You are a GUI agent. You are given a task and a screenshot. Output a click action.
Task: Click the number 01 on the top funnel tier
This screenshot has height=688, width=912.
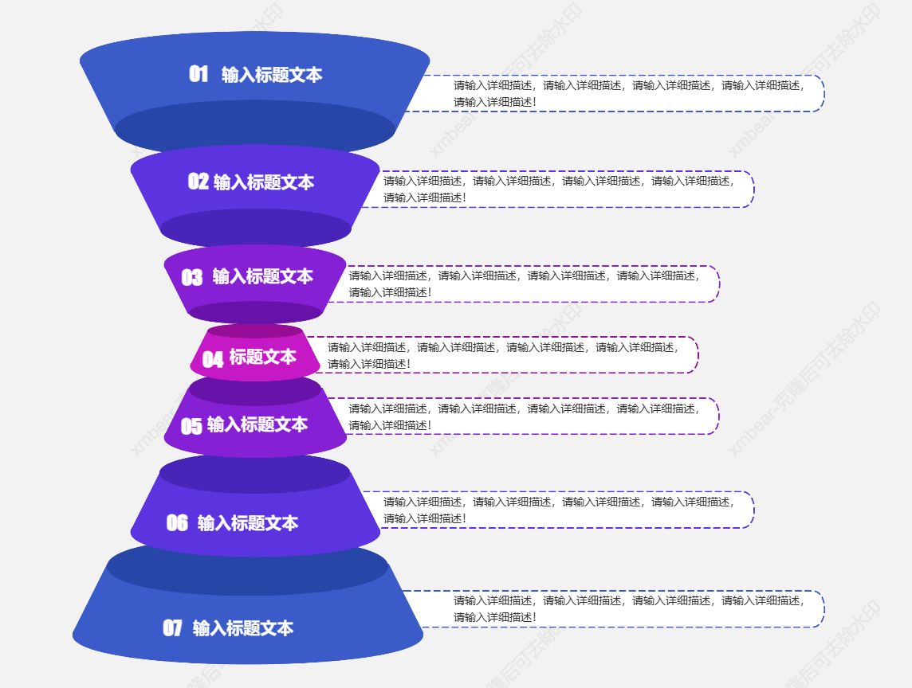pyautogui.click(x=199, y=74)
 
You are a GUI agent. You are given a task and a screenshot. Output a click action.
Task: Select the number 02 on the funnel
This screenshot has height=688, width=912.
pyautogui.click(x=198, y=182)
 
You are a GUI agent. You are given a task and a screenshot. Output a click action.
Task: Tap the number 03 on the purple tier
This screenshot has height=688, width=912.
pyautogui.click(x=192, y=277)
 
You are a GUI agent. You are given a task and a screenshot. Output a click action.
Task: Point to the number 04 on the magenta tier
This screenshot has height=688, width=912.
pyautogui.click(x=213, y=359)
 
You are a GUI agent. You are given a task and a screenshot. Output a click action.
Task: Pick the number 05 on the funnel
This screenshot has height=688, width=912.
pyautogui.click(x=191, y=426)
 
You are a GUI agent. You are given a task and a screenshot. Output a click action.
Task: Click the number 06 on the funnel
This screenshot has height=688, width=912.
pyautogui.click(x=177, y=522)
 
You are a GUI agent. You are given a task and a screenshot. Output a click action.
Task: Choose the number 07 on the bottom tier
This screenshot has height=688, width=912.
pyautogui.click(x=173, y=628)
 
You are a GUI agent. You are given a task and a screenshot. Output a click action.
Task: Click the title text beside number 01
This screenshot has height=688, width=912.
pyautogui.click(x=272, y=75)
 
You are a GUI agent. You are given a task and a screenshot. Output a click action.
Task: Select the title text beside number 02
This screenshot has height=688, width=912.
pyautogui.click(x=264, y=182)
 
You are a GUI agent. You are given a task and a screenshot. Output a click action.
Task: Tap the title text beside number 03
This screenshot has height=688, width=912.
pyautogui.click(x=262, y=276)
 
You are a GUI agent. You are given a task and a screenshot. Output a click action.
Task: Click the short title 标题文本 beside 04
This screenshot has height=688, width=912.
pyautogui.click(x=262, y=357)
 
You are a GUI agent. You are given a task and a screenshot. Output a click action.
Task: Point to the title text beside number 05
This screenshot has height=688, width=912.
pyautogui.click(x=257, y=424)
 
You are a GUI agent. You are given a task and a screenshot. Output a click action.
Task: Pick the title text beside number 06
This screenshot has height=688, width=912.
pyautogui.click(x=247, y=523)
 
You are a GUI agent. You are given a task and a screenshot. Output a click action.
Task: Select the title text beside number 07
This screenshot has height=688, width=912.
pyautogui.click(x=243, y=628)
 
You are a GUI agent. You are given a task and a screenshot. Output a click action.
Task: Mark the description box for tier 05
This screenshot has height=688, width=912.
pyautogui.click(x=526, y=416)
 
